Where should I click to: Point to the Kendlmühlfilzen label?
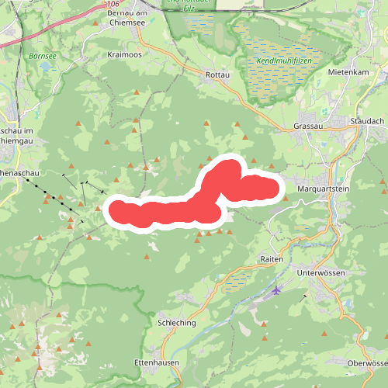279,60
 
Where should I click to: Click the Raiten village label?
272,258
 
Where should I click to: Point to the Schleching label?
176,322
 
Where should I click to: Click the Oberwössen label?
367,363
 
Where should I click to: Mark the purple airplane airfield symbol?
277,290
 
